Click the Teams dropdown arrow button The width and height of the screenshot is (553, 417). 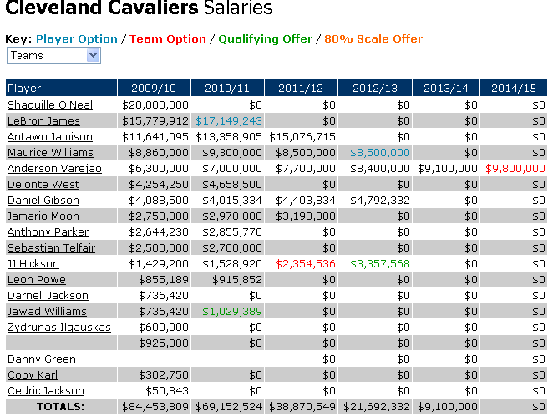(93, 55)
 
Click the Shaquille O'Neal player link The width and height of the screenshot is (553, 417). (49, 105)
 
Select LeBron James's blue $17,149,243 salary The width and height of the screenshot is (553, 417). (229, 121)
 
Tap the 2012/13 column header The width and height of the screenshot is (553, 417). (375, 89)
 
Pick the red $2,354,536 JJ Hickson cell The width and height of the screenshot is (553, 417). (302, 264)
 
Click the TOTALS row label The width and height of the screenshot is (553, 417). (61, 407)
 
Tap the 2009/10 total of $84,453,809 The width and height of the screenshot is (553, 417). (155, 407)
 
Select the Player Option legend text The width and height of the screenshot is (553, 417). (77, 38)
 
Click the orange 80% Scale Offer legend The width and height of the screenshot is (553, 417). (373, 38)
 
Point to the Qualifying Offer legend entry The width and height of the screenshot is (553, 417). (266, 38)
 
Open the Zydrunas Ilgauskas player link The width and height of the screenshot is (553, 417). (58, 328)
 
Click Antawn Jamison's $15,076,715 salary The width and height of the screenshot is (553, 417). (302, 137)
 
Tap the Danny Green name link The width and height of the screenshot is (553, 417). (41, 359)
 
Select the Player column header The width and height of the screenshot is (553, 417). (24, 89)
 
